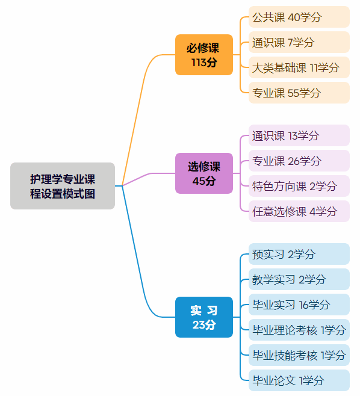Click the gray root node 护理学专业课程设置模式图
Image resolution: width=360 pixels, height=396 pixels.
click(63, 186)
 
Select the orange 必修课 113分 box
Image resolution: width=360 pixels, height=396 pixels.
click(204, 55)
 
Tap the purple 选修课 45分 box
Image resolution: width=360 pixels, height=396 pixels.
click(204, 173)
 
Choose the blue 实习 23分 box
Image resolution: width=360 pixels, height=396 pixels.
click(204, 317)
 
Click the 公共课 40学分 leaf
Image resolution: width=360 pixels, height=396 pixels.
click(299, 17)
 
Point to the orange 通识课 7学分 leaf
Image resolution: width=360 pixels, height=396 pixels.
click(299, 42)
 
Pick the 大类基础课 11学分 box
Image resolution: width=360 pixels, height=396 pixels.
click(299, 67)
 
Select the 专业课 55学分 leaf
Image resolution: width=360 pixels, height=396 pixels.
click(299, 93)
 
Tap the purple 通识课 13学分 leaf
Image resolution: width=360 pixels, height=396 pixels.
click(299, 135)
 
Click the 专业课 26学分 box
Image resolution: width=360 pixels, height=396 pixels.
click(299, 161)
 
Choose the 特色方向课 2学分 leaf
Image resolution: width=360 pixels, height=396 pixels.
click(299, 186)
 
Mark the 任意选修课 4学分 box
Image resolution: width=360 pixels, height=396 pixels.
click(299, 211)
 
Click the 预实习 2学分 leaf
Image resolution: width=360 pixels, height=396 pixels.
click(299, 254)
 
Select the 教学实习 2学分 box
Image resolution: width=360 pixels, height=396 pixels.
click(299, 279)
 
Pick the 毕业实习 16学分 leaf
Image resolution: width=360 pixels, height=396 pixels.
click(299, 305)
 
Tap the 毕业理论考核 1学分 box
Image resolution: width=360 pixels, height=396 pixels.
click(299, 330)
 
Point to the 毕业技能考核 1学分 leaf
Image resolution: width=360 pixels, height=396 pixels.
click(299, 355)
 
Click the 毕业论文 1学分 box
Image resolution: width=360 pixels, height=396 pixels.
click(299, 380)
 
